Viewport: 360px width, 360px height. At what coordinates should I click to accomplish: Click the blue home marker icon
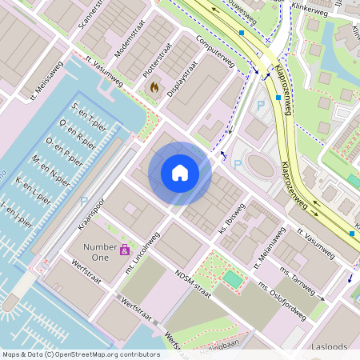coord(180,173)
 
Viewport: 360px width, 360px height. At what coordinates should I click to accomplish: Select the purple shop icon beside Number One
coord(126,250)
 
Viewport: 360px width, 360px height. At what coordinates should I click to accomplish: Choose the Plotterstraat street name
coord(157,60)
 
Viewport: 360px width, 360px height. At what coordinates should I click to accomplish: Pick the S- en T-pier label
coord(88,117)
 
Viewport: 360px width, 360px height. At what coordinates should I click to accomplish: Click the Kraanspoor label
coord(93,214)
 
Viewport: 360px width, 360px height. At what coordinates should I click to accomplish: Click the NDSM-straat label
coord(192,285)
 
